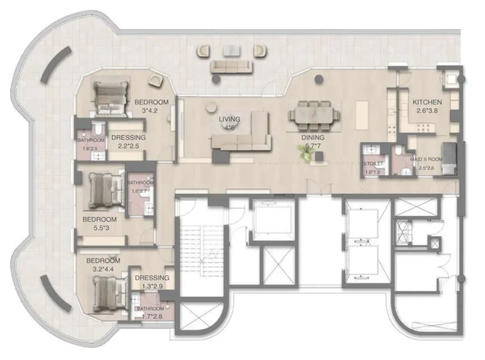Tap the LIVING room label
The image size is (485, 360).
coord(230,119)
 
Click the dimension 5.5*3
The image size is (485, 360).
coord(99,228)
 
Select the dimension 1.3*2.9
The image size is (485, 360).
coord(152,287)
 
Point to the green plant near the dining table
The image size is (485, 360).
coord(308,155)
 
